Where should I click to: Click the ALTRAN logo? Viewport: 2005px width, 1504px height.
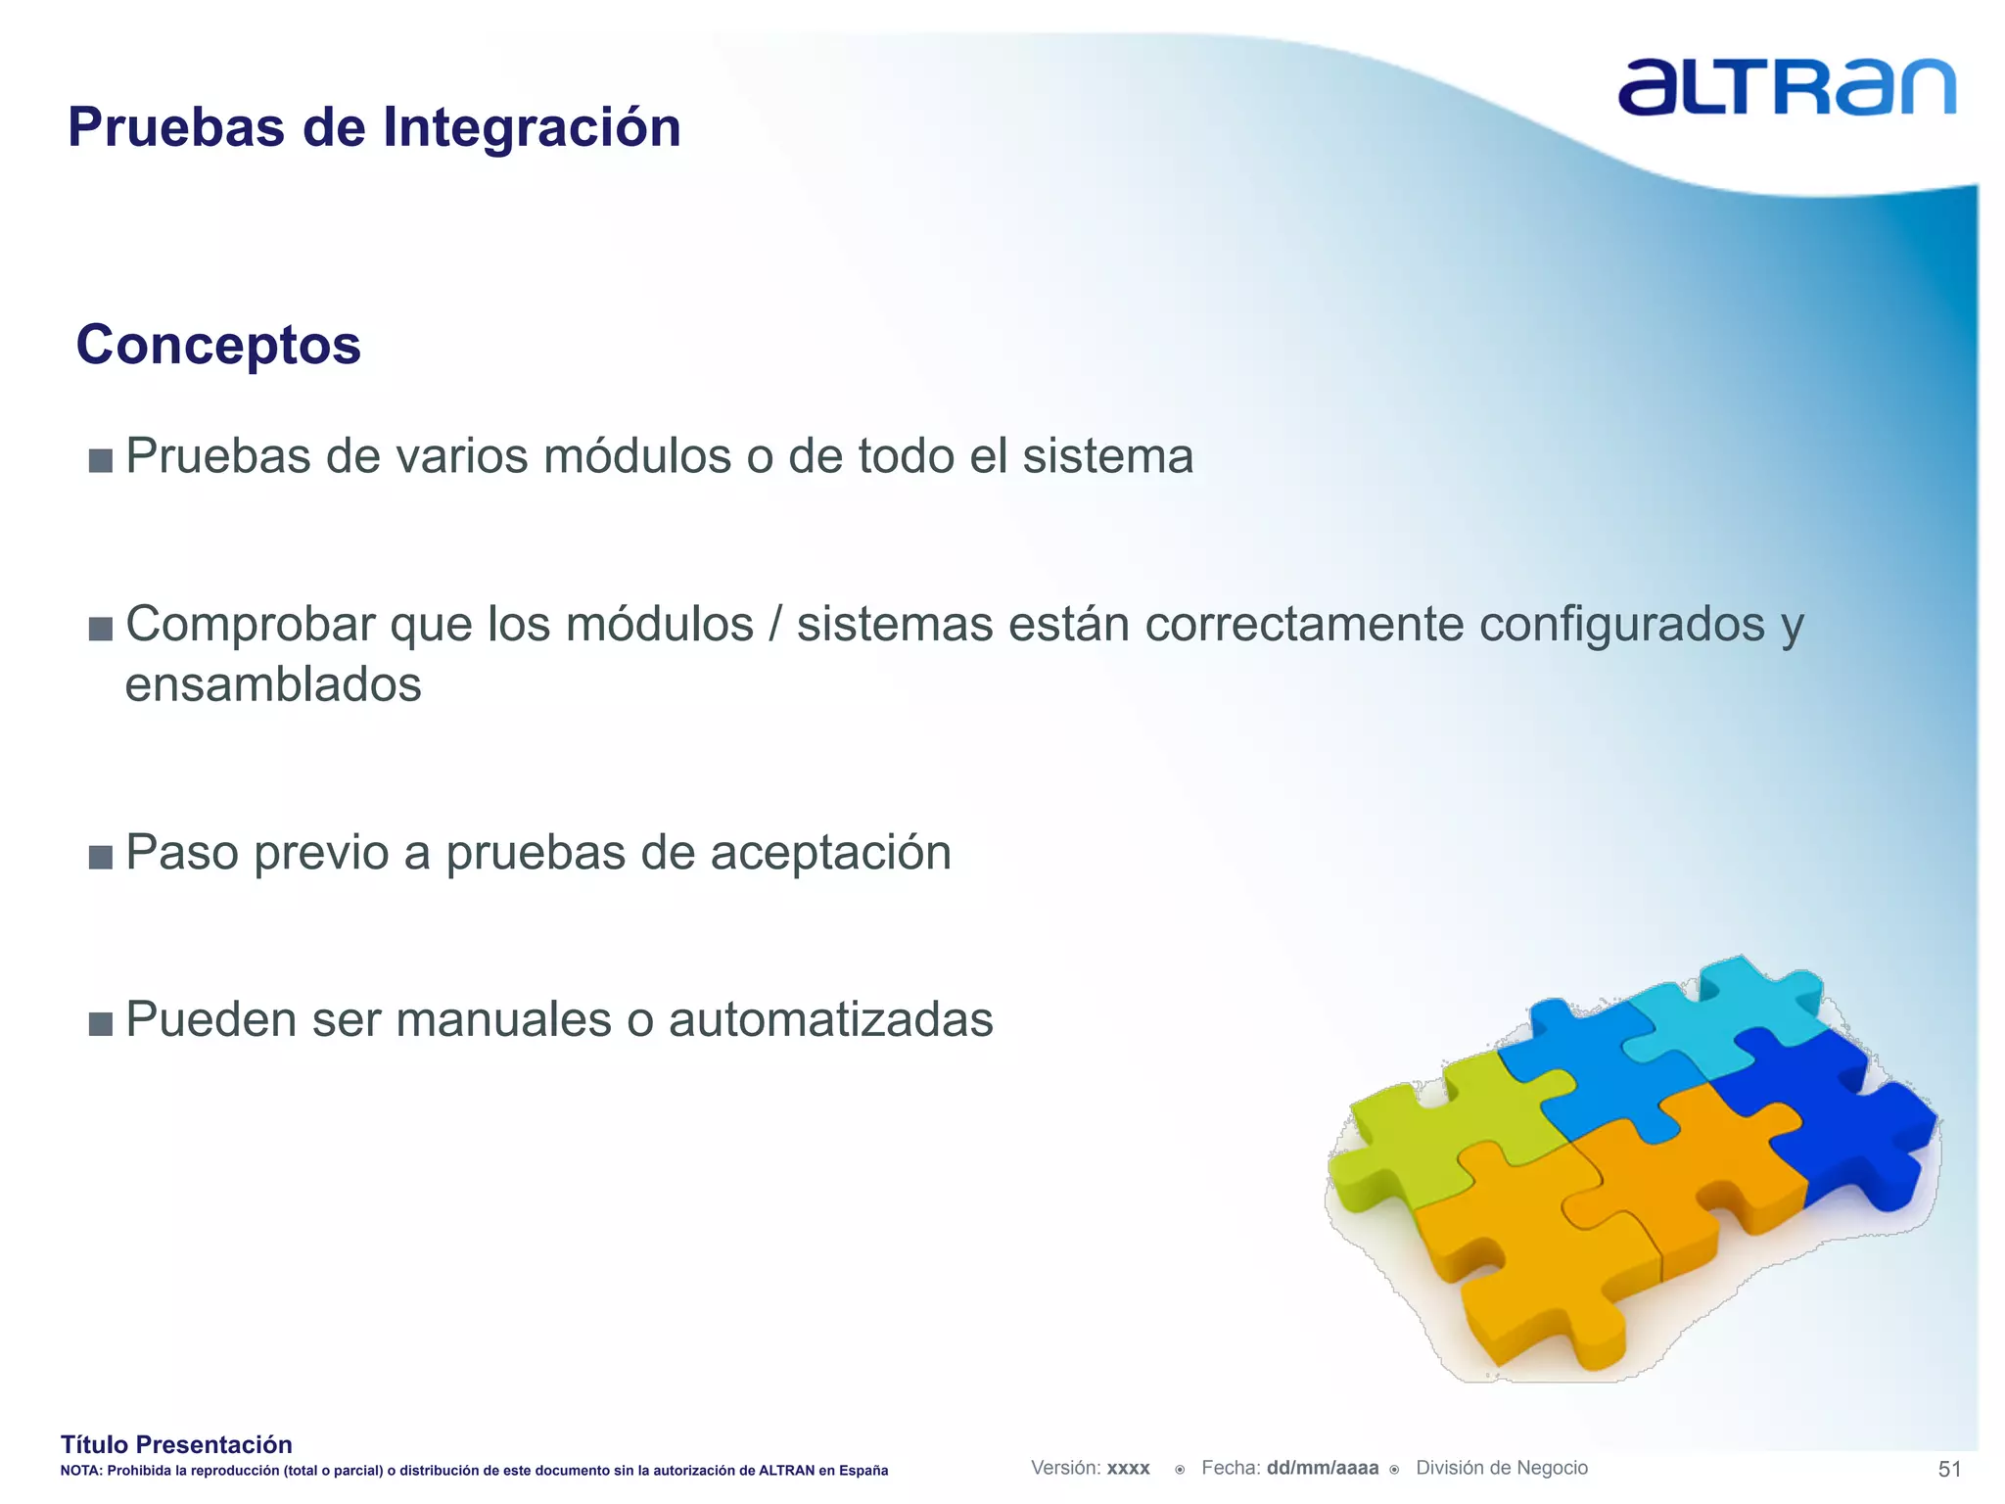[1786, 87]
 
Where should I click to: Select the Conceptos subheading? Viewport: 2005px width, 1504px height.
[218, 345]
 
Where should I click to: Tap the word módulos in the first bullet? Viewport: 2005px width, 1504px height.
[637, 456]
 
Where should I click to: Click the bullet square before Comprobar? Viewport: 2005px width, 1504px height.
[100, 628]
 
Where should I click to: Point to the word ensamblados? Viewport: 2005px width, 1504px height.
[273, 684]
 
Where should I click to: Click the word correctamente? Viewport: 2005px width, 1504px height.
[1304, 625]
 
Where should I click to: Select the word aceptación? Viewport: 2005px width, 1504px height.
[830, 852]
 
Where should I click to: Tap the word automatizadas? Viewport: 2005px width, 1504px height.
[830, 1019]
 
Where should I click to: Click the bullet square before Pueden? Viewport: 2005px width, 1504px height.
[100, 1024]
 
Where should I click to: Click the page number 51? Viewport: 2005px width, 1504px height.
[1949, 1469]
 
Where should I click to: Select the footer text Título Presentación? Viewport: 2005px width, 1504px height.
[176, 1444]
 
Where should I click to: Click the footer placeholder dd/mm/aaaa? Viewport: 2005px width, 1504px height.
[1322, 1468]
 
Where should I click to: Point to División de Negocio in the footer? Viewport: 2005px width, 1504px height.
[1501, 1468]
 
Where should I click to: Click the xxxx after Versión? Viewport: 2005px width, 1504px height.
[1128, 1469]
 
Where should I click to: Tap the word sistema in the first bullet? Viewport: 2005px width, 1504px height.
[1107, 456]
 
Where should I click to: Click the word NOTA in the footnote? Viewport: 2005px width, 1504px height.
[79, 1471]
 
